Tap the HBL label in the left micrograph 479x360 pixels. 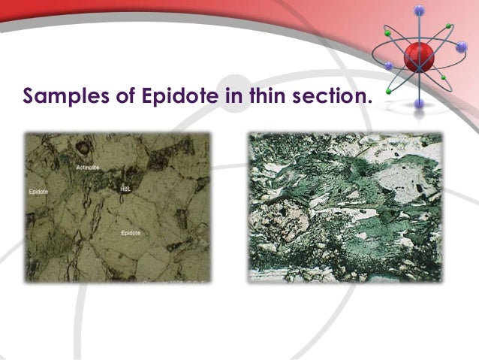[x=125, y=189]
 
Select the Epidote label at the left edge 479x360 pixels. [x=38, y=192]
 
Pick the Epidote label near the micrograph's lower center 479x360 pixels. [x=131, y=233]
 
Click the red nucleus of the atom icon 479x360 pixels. [x=418, y=56]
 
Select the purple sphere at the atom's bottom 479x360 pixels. [x=419, y=104]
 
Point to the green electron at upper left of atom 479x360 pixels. [x=387, y=35]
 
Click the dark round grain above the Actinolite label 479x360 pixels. [x=84, y=148]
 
